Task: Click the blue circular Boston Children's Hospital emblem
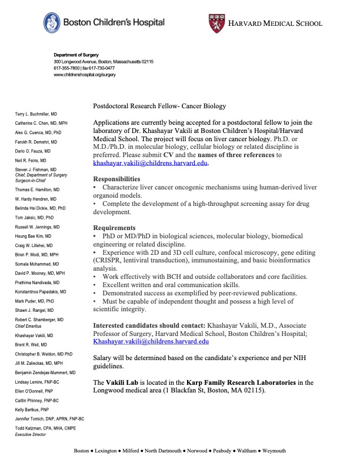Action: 52,22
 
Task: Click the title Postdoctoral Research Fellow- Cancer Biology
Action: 159,106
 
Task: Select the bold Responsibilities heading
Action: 117,179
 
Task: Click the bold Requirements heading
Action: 115,228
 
